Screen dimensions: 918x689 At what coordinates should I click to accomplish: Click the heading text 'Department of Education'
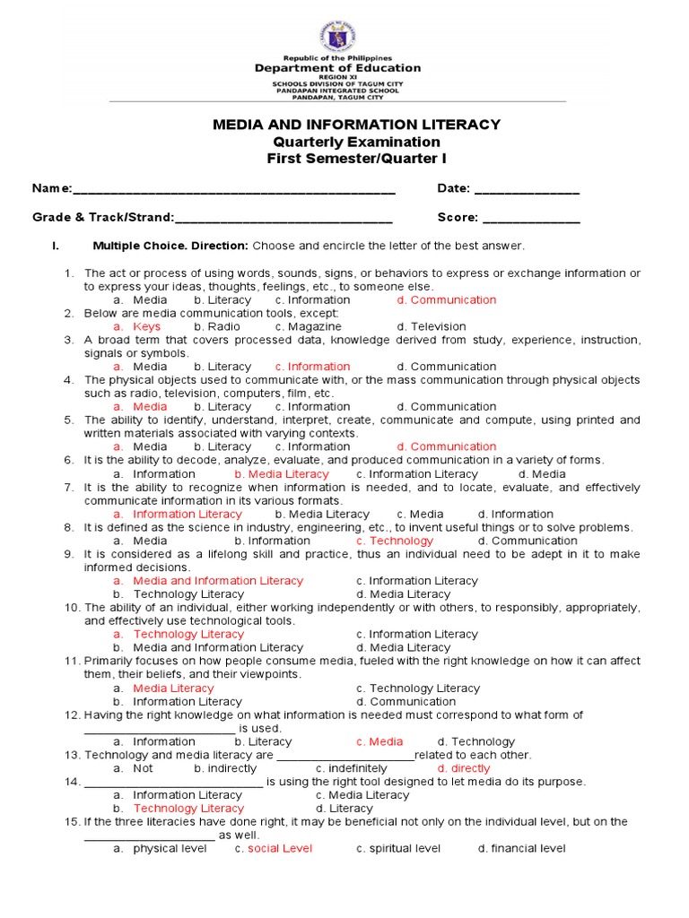point(337,68)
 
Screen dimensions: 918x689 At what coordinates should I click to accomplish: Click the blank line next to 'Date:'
point(527,190)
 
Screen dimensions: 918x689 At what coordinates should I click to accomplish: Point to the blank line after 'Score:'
point(531,219)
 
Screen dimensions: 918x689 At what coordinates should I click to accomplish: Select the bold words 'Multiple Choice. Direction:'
point(170,246)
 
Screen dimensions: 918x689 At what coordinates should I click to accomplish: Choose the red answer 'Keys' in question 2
point(146,326)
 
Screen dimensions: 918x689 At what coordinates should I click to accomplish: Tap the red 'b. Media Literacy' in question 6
point(282,473)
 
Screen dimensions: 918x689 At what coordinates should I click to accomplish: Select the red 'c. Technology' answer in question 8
point(394,541)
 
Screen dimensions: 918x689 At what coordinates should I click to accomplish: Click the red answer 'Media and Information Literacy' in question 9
point(206,581)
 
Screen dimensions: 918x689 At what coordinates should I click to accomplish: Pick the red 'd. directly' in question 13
point(464,768)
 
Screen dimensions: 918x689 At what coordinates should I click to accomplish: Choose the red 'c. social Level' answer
point(274,848)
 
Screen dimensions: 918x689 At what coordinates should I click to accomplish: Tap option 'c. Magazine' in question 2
point(308,326)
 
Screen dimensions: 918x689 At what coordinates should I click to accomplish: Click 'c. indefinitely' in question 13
point(352,768)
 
